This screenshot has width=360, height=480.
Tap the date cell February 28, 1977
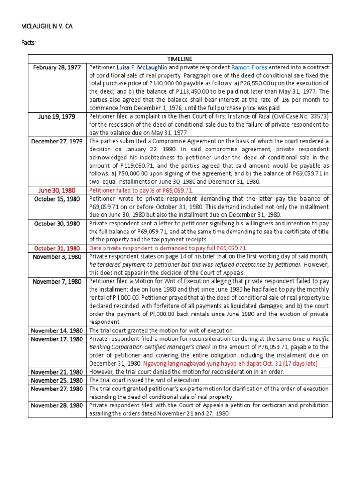pyautogui.click(x=57, y=67)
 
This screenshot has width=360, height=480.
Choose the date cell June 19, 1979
pyautogui.click(x=57, y=116)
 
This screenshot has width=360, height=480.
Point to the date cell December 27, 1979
pyautogui.click(x=57, y=141)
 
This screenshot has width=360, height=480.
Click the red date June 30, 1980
pyautogui.click(x=57, y=190)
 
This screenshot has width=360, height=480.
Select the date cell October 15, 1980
pyautogui.click(x=57, y=199)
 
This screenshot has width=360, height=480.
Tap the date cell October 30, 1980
pyautogui.click(x=57, y=224)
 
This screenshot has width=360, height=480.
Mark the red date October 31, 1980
pyautogui.click(x=57, y=248)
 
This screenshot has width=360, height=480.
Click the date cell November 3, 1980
pyautogui.click(x=57, y=257)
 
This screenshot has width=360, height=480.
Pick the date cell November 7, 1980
pyautogui.click(x=57, y=281)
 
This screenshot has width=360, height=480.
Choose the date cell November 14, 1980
pyautogui.click(x=57, y=330)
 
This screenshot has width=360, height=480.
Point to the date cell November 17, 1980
pyautogui.click(x=57, y=339)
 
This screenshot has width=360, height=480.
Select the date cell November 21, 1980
pyautogui.click(x=57, y=372)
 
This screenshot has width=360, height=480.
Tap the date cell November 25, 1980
pyautogui.click(x=57, y=380)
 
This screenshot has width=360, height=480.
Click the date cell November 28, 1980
pyautogui.click(x=57, y=405)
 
